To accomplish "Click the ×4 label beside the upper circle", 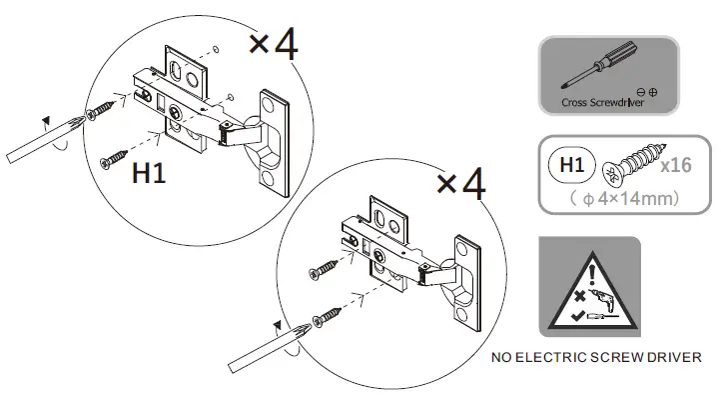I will (x=272, y=45).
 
